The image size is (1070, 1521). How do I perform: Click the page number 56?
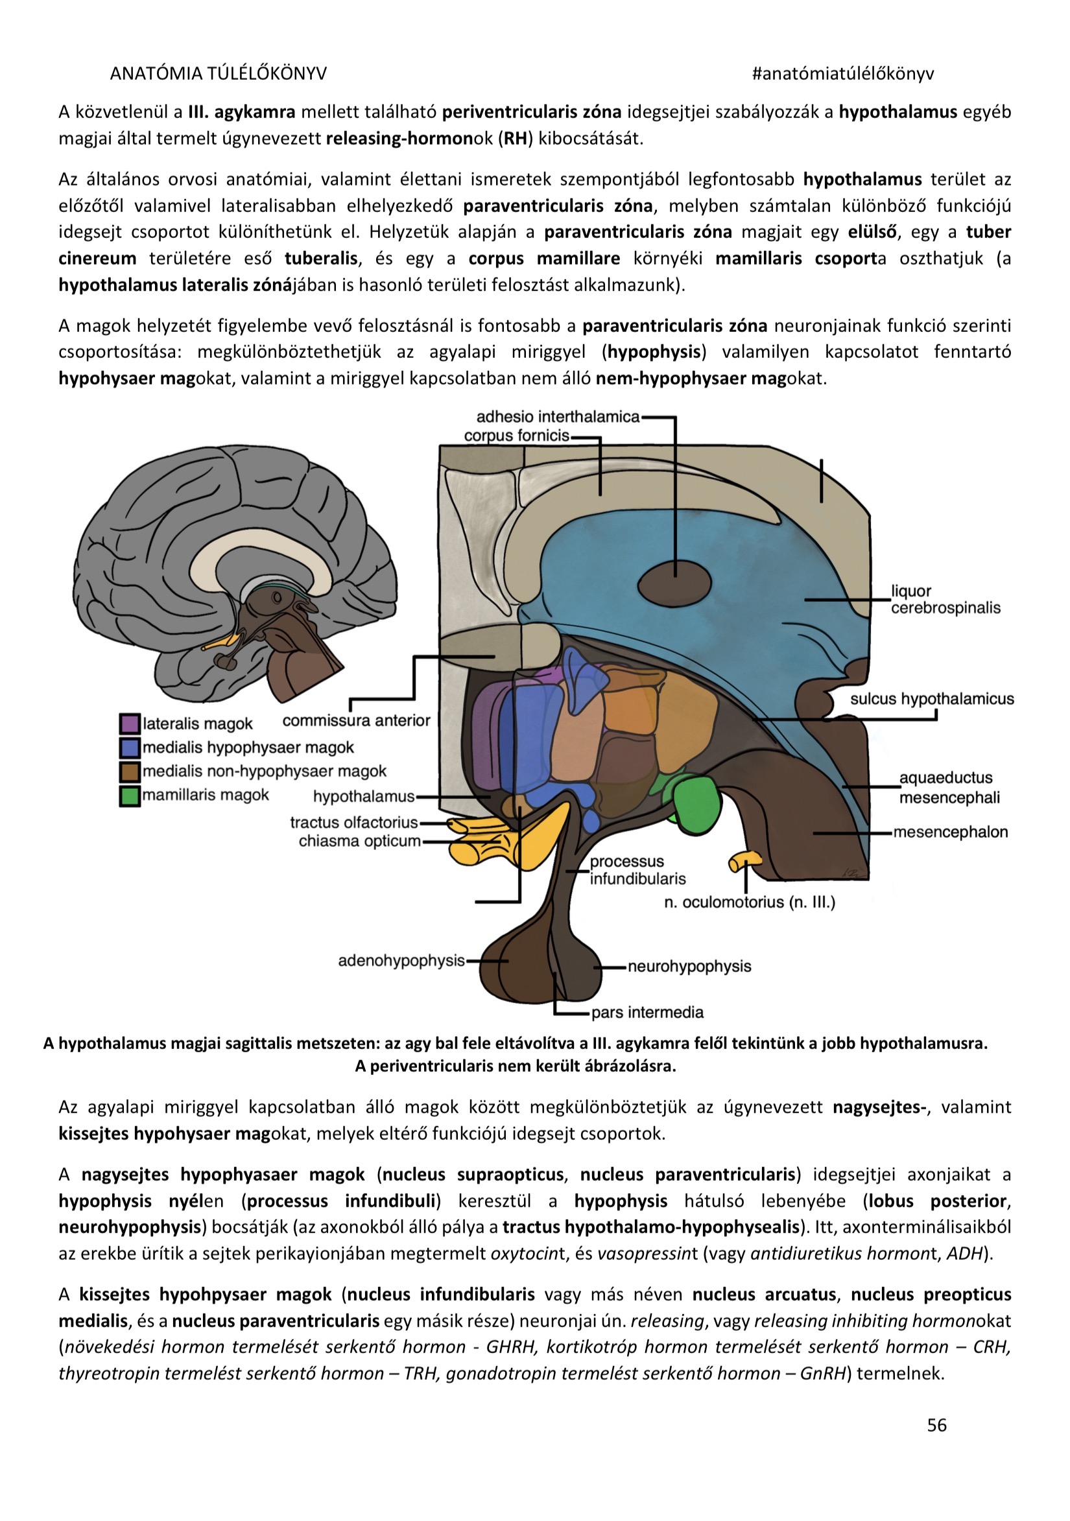tap(936, 1424)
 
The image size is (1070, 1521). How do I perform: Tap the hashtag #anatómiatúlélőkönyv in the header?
tap(843, 73)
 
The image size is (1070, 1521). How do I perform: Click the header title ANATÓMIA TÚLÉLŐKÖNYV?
tap(218, 73)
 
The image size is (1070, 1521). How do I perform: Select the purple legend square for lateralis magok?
tap(129, 724)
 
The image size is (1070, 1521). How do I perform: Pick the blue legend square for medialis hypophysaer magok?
tap(129, 748)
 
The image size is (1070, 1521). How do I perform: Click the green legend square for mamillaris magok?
tap(129, 795)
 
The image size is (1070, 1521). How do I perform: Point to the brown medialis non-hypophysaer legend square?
tap(129, 771)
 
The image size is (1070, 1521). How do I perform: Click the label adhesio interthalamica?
tap(558, 417)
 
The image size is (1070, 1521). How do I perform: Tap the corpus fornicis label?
tap(516, 435)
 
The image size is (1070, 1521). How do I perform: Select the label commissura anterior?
tap(357, 720)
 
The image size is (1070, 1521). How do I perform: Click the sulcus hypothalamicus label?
tap(931, 698)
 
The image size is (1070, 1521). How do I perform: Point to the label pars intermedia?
tap(647, 1011)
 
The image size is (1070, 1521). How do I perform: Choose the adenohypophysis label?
tap(401, 960)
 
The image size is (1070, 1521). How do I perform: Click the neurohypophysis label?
tap(689, 966)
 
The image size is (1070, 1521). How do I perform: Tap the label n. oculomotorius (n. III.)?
tap(750, 902)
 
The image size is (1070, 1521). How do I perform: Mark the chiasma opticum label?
tap(359, 841)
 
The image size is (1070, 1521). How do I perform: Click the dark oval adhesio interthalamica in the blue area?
tap(674, 584)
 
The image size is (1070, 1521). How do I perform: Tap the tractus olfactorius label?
tap(354, 822)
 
